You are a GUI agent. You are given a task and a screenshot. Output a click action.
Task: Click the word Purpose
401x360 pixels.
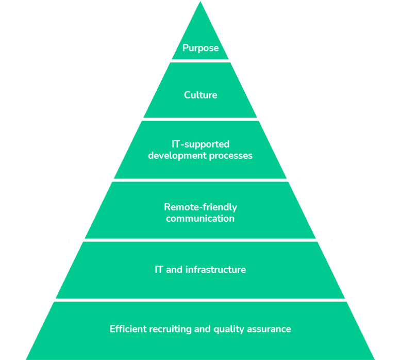click(201, 48)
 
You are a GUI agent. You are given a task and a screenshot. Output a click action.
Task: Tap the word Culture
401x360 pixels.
click(201, 95)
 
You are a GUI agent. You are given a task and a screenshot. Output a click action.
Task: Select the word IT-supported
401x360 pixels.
click(201, 144)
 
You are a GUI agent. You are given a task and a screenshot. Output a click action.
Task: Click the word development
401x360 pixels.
click(174, 155)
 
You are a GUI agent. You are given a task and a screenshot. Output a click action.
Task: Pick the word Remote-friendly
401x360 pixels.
click(201, 207)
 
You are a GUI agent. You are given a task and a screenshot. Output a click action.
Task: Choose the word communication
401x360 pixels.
click(201, 219)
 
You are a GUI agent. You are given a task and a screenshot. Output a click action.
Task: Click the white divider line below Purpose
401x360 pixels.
click(201, 60)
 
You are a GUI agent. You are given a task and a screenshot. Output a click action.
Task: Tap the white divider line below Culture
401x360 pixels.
click(201, 119)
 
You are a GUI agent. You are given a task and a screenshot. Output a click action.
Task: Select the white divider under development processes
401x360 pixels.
click(201, 180)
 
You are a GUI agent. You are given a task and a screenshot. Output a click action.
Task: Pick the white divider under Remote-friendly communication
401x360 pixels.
click(201, 240)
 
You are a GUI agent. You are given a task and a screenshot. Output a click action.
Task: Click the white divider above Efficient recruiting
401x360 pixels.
click(201, 300)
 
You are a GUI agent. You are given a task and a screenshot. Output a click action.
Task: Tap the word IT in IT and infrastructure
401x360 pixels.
click(159, 270)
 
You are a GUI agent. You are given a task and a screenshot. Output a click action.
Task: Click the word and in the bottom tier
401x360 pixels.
click(201, 329)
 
